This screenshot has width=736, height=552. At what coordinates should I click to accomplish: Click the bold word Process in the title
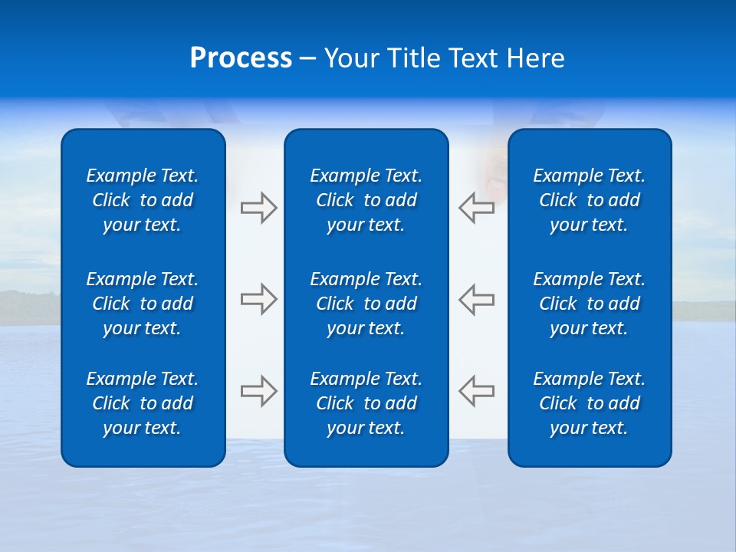point(241,58)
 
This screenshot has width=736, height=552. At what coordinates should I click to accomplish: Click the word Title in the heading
point(413,58)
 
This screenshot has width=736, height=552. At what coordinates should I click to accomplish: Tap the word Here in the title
point(535,58)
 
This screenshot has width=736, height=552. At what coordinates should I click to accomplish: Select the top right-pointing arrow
point(259,208)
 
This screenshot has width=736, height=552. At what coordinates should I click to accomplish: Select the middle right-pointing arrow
point(259,299)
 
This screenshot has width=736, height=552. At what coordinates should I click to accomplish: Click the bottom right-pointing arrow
point(259,391)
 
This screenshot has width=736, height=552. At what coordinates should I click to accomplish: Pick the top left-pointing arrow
point(476,208)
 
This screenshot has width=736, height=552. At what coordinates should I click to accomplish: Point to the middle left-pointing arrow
point(476,299)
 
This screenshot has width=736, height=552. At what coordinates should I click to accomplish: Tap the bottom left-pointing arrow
point(476,391)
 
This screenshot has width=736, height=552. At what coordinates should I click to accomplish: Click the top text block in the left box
point(143,200)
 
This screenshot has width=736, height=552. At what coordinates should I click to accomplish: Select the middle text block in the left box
point(143,304)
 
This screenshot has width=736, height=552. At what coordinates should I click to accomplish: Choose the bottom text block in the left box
point(143,403)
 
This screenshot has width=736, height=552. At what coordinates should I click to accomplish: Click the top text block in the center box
point(366,200)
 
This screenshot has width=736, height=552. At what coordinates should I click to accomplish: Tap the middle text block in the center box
point(366,304)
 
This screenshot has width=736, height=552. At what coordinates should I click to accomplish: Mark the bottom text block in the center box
point(366,403)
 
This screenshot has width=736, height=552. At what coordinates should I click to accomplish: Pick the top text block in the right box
point(589,200)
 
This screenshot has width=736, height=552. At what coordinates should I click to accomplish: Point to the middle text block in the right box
point(589,304)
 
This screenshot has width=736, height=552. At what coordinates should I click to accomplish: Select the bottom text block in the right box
point(589,403)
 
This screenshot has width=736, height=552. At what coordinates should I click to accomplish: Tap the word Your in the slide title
point(351,58)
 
